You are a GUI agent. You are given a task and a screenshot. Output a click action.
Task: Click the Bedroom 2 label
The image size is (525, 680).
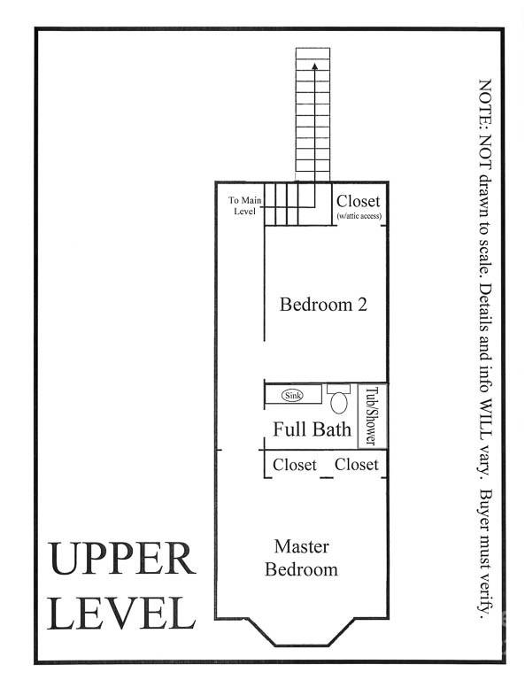click(x=323, y=305)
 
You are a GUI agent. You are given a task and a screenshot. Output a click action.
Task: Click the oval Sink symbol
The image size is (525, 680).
click(x=292, y=395)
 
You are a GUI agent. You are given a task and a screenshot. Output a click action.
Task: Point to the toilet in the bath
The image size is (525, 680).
click(x=338, y=399)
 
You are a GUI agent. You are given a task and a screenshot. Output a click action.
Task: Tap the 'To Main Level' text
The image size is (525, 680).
click(x=243, y=205)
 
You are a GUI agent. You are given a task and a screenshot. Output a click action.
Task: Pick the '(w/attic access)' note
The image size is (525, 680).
click(x=359, y=216)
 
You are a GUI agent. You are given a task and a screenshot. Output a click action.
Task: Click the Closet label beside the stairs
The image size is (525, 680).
click(x=359, y=201)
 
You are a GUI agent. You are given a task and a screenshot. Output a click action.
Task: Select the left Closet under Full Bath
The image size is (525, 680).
click(x=294, y=465)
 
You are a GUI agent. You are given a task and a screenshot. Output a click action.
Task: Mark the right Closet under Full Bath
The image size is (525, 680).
click(x=356, y=465)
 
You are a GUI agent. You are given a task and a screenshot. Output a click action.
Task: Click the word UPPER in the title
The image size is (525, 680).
click(x=121, y=560)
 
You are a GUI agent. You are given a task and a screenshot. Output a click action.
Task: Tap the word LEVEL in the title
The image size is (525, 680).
click(x=121, y=614)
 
